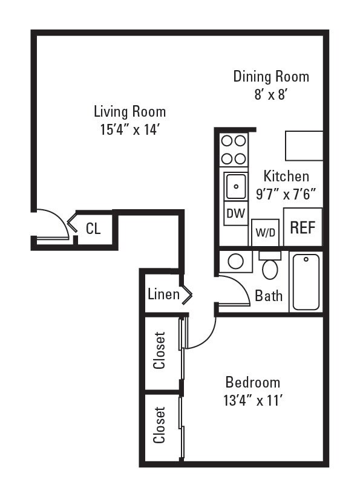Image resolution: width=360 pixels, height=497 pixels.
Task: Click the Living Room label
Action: [x=129, y=112]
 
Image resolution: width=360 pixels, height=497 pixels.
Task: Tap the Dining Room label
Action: [x=271, y=77]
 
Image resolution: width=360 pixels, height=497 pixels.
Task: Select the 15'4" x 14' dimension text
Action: [x=129, y=129]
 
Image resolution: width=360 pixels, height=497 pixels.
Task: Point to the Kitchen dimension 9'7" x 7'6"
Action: [x=286, y=194]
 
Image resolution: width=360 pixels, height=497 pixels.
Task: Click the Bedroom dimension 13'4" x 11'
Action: [x=252, y=400]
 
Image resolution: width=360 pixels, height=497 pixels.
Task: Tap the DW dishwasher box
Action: [x=235, y=213]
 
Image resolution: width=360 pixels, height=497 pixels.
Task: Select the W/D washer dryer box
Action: [x=265, y=232]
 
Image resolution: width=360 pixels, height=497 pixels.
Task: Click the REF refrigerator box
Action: [x=303, y=228]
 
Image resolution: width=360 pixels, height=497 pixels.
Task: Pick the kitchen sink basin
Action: [x=235, y=186]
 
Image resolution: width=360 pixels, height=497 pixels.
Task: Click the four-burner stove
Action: [x=234, y=150]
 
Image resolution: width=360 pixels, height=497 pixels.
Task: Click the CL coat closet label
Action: [x=93, y=229]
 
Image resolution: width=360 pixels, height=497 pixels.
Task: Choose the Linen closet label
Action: [x=163, y=294]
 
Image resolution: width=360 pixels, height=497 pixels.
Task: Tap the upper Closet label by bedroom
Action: [x=159, y=351]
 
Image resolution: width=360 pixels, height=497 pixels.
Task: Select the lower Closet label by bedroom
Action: [x=159, y=425]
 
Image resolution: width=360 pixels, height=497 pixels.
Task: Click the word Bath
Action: [x=269, y=296]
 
